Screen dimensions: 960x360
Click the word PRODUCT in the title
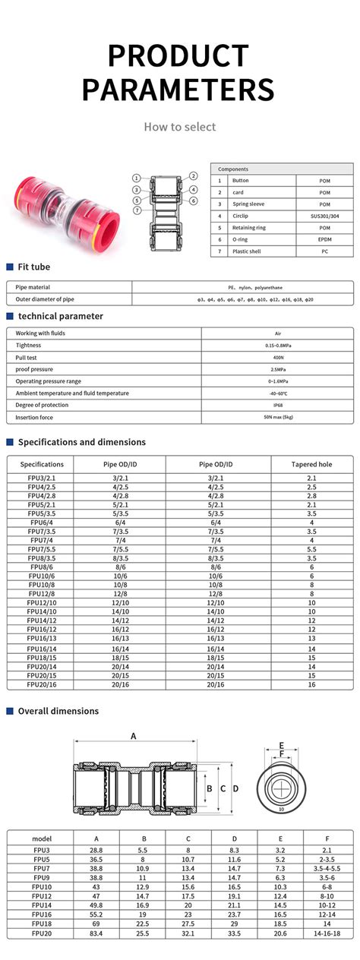tap(179, 56)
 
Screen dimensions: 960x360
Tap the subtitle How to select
tap(180, 127)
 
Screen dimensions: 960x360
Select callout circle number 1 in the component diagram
tap(136, 178)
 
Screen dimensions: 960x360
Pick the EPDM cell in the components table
tap(324, 239)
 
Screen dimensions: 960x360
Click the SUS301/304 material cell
tap(324, 216)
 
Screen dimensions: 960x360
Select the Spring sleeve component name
tap(248, 204)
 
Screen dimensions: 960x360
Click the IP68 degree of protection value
tap(277, 405)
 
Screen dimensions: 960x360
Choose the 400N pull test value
tap(277, 357)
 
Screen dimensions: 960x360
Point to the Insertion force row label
tap(36, 417)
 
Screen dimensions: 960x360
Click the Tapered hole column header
tap(311, 464)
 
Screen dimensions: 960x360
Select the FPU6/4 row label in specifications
tap(42, 523)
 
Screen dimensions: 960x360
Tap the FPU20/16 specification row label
tap(42, 684)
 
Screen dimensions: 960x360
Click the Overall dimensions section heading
tap(58, 711)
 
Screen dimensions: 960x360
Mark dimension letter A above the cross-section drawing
tap(134, 736)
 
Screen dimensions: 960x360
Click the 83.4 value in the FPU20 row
tap(96, 933)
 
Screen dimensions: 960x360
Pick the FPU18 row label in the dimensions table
tap(42, 924)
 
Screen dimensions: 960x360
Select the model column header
tap(42, 838)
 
